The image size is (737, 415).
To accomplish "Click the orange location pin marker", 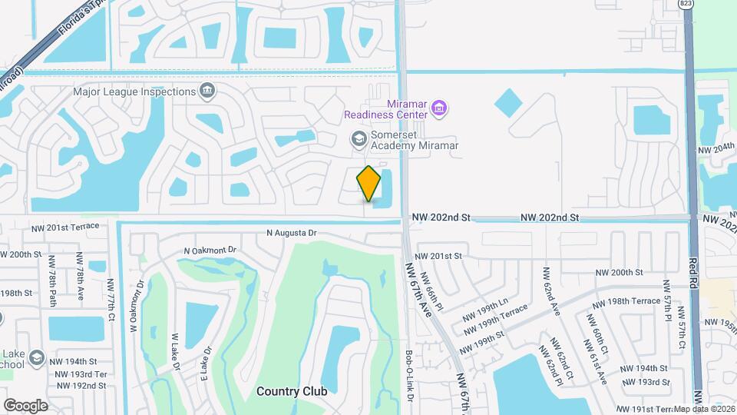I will coord(369,184).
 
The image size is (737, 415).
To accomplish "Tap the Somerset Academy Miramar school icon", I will coord(358,139).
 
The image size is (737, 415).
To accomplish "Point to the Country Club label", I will coord(292,391).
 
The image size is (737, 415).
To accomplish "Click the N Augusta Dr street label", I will coord(291,233).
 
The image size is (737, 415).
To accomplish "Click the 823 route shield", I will coord(685,5).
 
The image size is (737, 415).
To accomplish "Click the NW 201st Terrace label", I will coord(65,227).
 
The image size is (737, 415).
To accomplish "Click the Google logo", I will coord(26,405).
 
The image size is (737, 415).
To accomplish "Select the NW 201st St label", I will coord(438,256).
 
